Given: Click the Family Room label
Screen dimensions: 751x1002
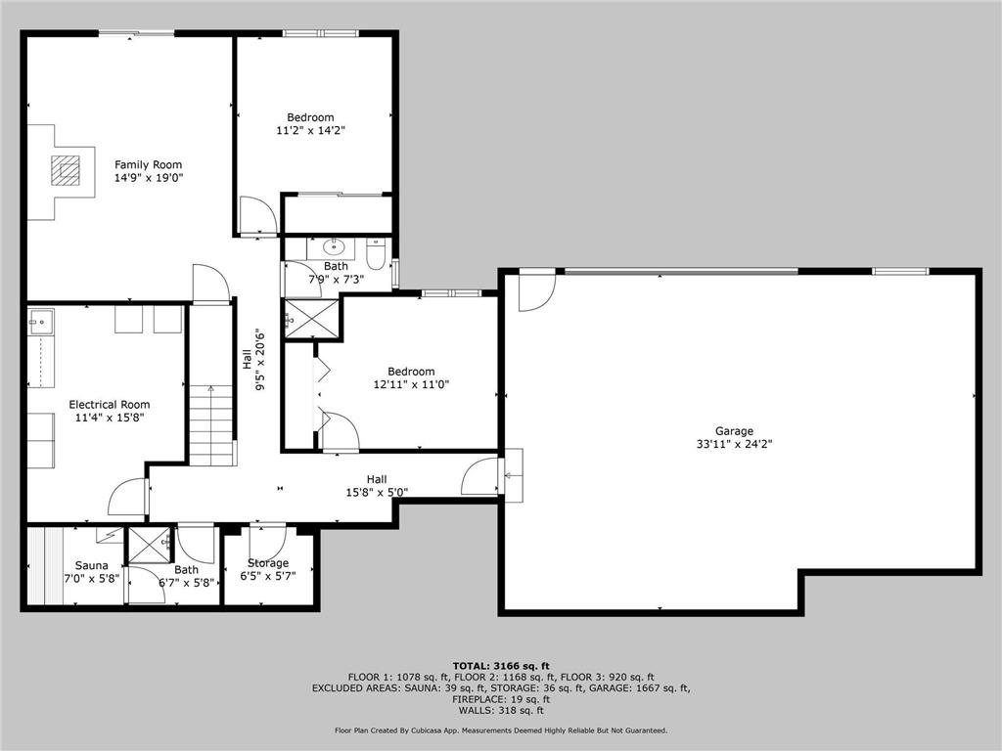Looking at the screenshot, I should click(148, 164).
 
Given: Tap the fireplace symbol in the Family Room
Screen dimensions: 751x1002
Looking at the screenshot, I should click(67, 169).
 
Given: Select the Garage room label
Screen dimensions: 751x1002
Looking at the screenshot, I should click(733, 430).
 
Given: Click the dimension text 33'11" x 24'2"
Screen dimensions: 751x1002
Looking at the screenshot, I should click(733, 443).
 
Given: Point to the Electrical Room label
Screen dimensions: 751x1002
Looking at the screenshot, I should click(109, 404).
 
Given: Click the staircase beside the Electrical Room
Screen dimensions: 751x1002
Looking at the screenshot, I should click(211, 425).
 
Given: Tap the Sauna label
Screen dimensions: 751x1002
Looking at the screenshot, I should click(91, 564).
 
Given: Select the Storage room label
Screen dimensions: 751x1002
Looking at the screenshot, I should click(267, 563).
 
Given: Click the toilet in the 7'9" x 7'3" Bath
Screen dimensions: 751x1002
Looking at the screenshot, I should click(376, 256).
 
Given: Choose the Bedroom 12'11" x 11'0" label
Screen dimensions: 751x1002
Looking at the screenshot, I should click(410, 372).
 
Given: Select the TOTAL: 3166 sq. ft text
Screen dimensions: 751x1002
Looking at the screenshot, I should click(500, 666).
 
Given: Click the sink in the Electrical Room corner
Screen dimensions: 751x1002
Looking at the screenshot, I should click(40, 320).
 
